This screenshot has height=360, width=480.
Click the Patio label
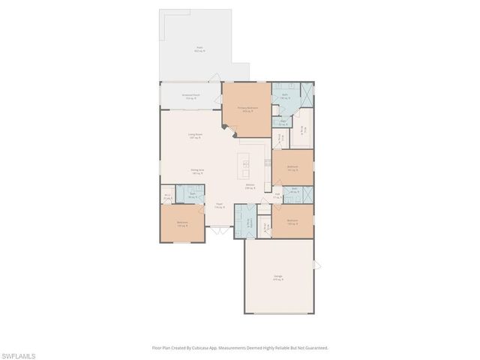pos(200,49)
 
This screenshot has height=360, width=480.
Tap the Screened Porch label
pos(191,97)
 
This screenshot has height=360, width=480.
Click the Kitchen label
pos(250,187)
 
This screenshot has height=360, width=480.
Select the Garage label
pos(278,279)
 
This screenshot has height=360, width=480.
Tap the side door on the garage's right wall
pos(316,264)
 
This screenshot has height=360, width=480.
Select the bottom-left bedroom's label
pos(182,223)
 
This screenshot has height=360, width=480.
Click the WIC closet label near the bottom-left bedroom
pos(166,197)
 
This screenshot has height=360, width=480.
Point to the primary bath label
pos(286,96)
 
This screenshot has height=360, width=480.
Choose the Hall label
pos(277,195)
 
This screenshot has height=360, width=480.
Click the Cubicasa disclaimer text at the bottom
pos(240,347)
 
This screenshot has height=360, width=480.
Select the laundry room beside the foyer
pos(249,223)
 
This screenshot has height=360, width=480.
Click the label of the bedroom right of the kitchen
pos(292,168)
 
